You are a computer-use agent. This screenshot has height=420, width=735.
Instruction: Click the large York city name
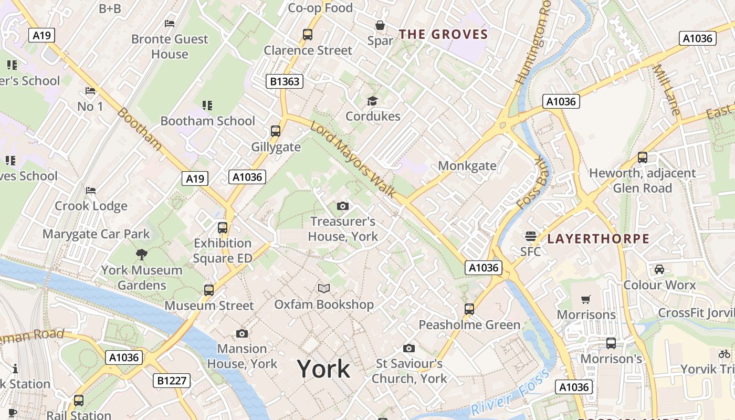[x=323, y=369]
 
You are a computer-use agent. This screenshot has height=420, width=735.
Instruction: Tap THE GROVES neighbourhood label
[x=443, y=35]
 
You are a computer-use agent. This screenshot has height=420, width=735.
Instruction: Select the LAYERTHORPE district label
[x=598, y=239]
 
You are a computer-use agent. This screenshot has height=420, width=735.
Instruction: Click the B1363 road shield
[x=284, y=81]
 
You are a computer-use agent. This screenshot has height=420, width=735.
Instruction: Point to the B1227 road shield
[x=172, y=380]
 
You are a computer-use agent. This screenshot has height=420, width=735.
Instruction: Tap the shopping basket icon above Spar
[x=380, y=25]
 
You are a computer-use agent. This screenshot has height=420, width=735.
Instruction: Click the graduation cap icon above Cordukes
[x=372, y=101]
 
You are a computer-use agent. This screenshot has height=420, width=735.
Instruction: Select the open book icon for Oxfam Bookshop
[x=324, y=288]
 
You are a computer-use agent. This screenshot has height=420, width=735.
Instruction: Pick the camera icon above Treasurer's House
[x=342, y=206]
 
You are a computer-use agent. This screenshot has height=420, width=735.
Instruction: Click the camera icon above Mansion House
[x=241, y=333]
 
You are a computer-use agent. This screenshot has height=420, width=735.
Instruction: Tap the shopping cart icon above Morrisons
[x=586, y=299]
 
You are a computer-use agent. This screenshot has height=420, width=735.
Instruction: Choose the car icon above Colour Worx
[x=659, y=269]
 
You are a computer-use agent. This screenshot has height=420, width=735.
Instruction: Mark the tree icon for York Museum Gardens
[x=141, y=255]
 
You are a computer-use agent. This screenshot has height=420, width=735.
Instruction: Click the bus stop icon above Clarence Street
[x=308, y=35]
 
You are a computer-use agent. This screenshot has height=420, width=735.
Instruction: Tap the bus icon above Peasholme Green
[x=469, y=309]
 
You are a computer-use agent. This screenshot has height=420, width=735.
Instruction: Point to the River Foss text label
[x=509, y=393]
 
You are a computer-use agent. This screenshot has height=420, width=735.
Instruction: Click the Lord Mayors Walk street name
[x=353, y=160]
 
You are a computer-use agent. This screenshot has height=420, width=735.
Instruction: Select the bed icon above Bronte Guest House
[x=169, y=23]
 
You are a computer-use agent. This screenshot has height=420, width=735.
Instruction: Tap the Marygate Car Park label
[x=96, y=234]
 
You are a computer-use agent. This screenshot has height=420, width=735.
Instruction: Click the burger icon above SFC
[x=530, y=236]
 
